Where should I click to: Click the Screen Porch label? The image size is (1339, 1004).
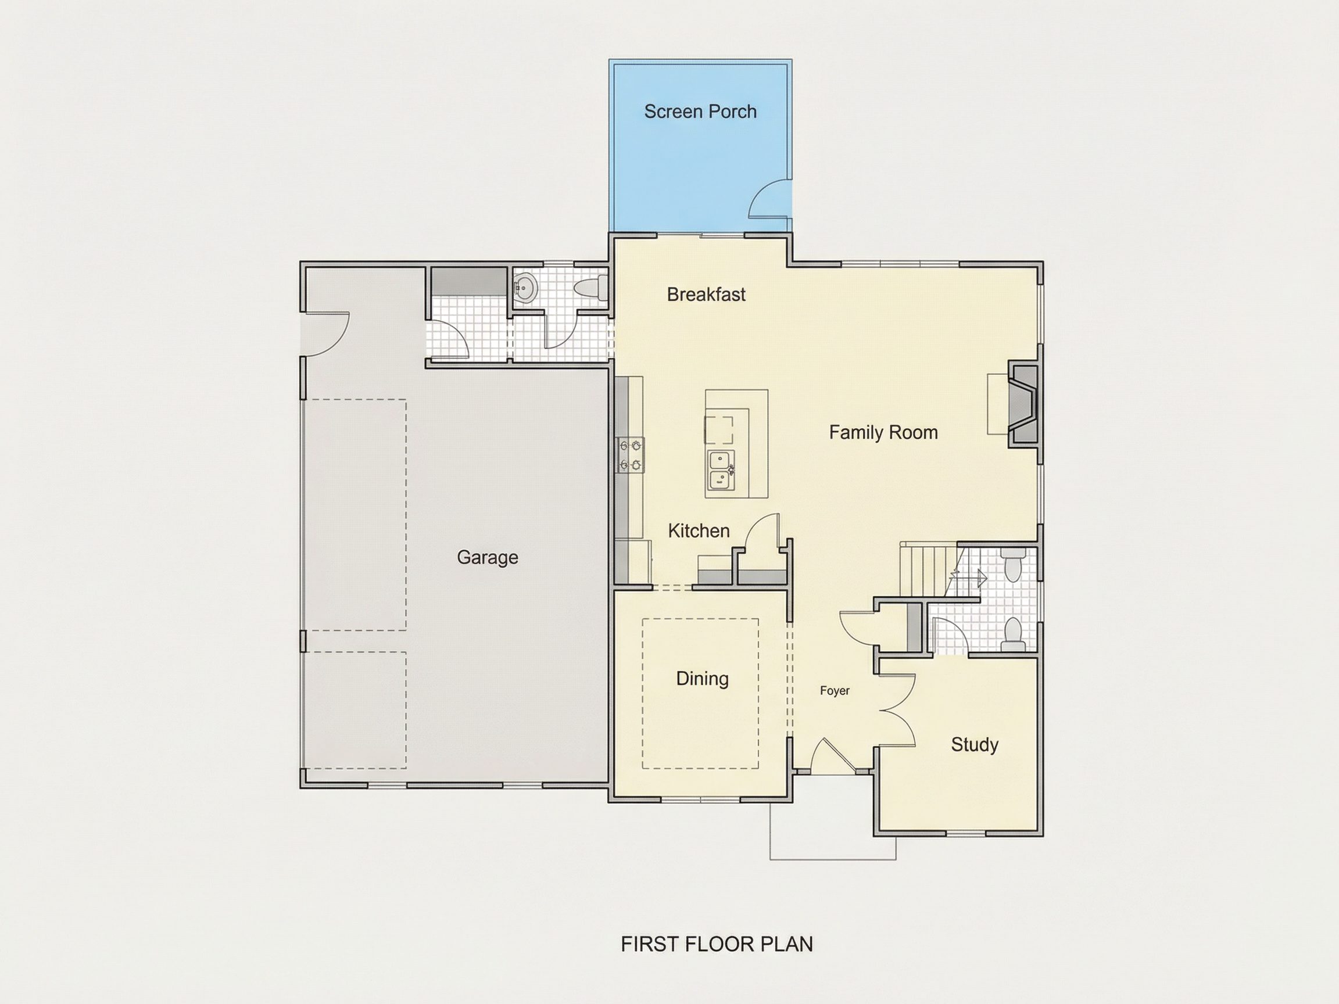pyautogui.click(x=700, y=112)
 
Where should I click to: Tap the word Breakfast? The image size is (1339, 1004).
pyautogui.click(x=707, y=295)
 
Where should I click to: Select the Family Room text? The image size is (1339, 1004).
pyautogui.click(x=883, y=432)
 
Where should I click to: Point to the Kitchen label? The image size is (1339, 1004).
pyautogui.click(x=699, y=530)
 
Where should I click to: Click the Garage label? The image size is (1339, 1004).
pyautogui.click(x=487, y=557)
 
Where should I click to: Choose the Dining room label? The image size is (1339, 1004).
pyautogui.click(x=702, y=679)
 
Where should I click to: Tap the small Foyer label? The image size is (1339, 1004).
pyautogui.click(x=835, y=690)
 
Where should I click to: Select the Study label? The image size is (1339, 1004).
pyautogui.click(x=975, y=744)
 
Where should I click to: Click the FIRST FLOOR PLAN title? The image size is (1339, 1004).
pyautogui.click(x=717, y=944)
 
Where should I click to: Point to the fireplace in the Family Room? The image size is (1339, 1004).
pyautogui.click(x=1023, y=404)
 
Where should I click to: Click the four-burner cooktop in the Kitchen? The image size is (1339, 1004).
pyautogui.click(x=631, y=455)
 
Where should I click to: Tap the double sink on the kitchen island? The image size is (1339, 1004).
pyautogui.click(x=721, y=470)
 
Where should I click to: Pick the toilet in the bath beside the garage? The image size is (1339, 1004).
pyautogui.click(x=590, y=289)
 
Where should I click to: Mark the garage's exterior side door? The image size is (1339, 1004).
pyautogui.click(x=325, y=334)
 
